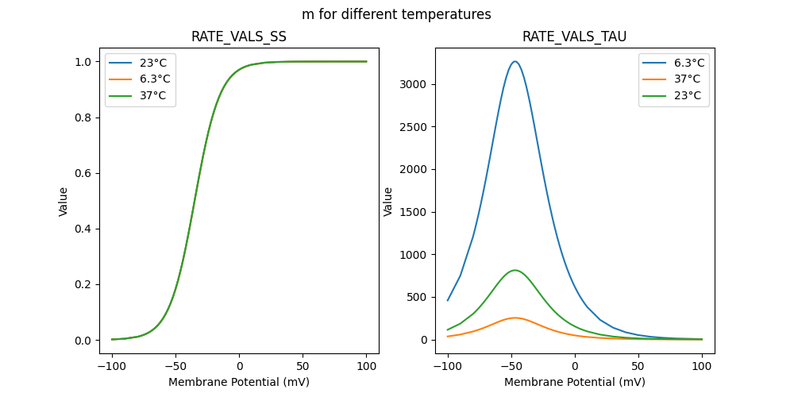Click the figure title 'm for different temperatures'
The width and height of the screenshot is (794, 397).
click(x=396, y=14)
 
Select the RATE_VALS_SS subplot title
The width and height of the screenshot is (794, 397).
click(x=239, y=37)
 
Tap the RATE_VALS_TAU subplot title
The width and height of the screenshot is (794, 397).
click(x=575, y=37)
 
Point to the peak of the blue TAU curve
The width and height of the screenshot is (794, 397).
click(x=515, y=61)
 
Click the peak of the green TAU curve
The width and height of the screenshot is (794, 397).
click(x=515, y=270)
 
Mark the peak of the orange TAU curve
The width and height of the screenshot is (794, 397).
click(x=515, y=318)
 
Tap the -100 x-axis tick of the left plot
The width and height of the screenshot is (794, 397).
click(x=112, y=368)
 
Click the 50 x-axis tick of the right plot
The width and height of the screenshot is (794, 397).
click(x=638, y=368)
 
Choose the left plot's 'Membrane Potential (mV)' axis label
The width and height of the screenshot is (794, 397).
click(x=239, y=382)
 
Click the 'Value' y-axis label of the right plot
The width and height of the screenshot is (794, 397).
click(x=388, y=201)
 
